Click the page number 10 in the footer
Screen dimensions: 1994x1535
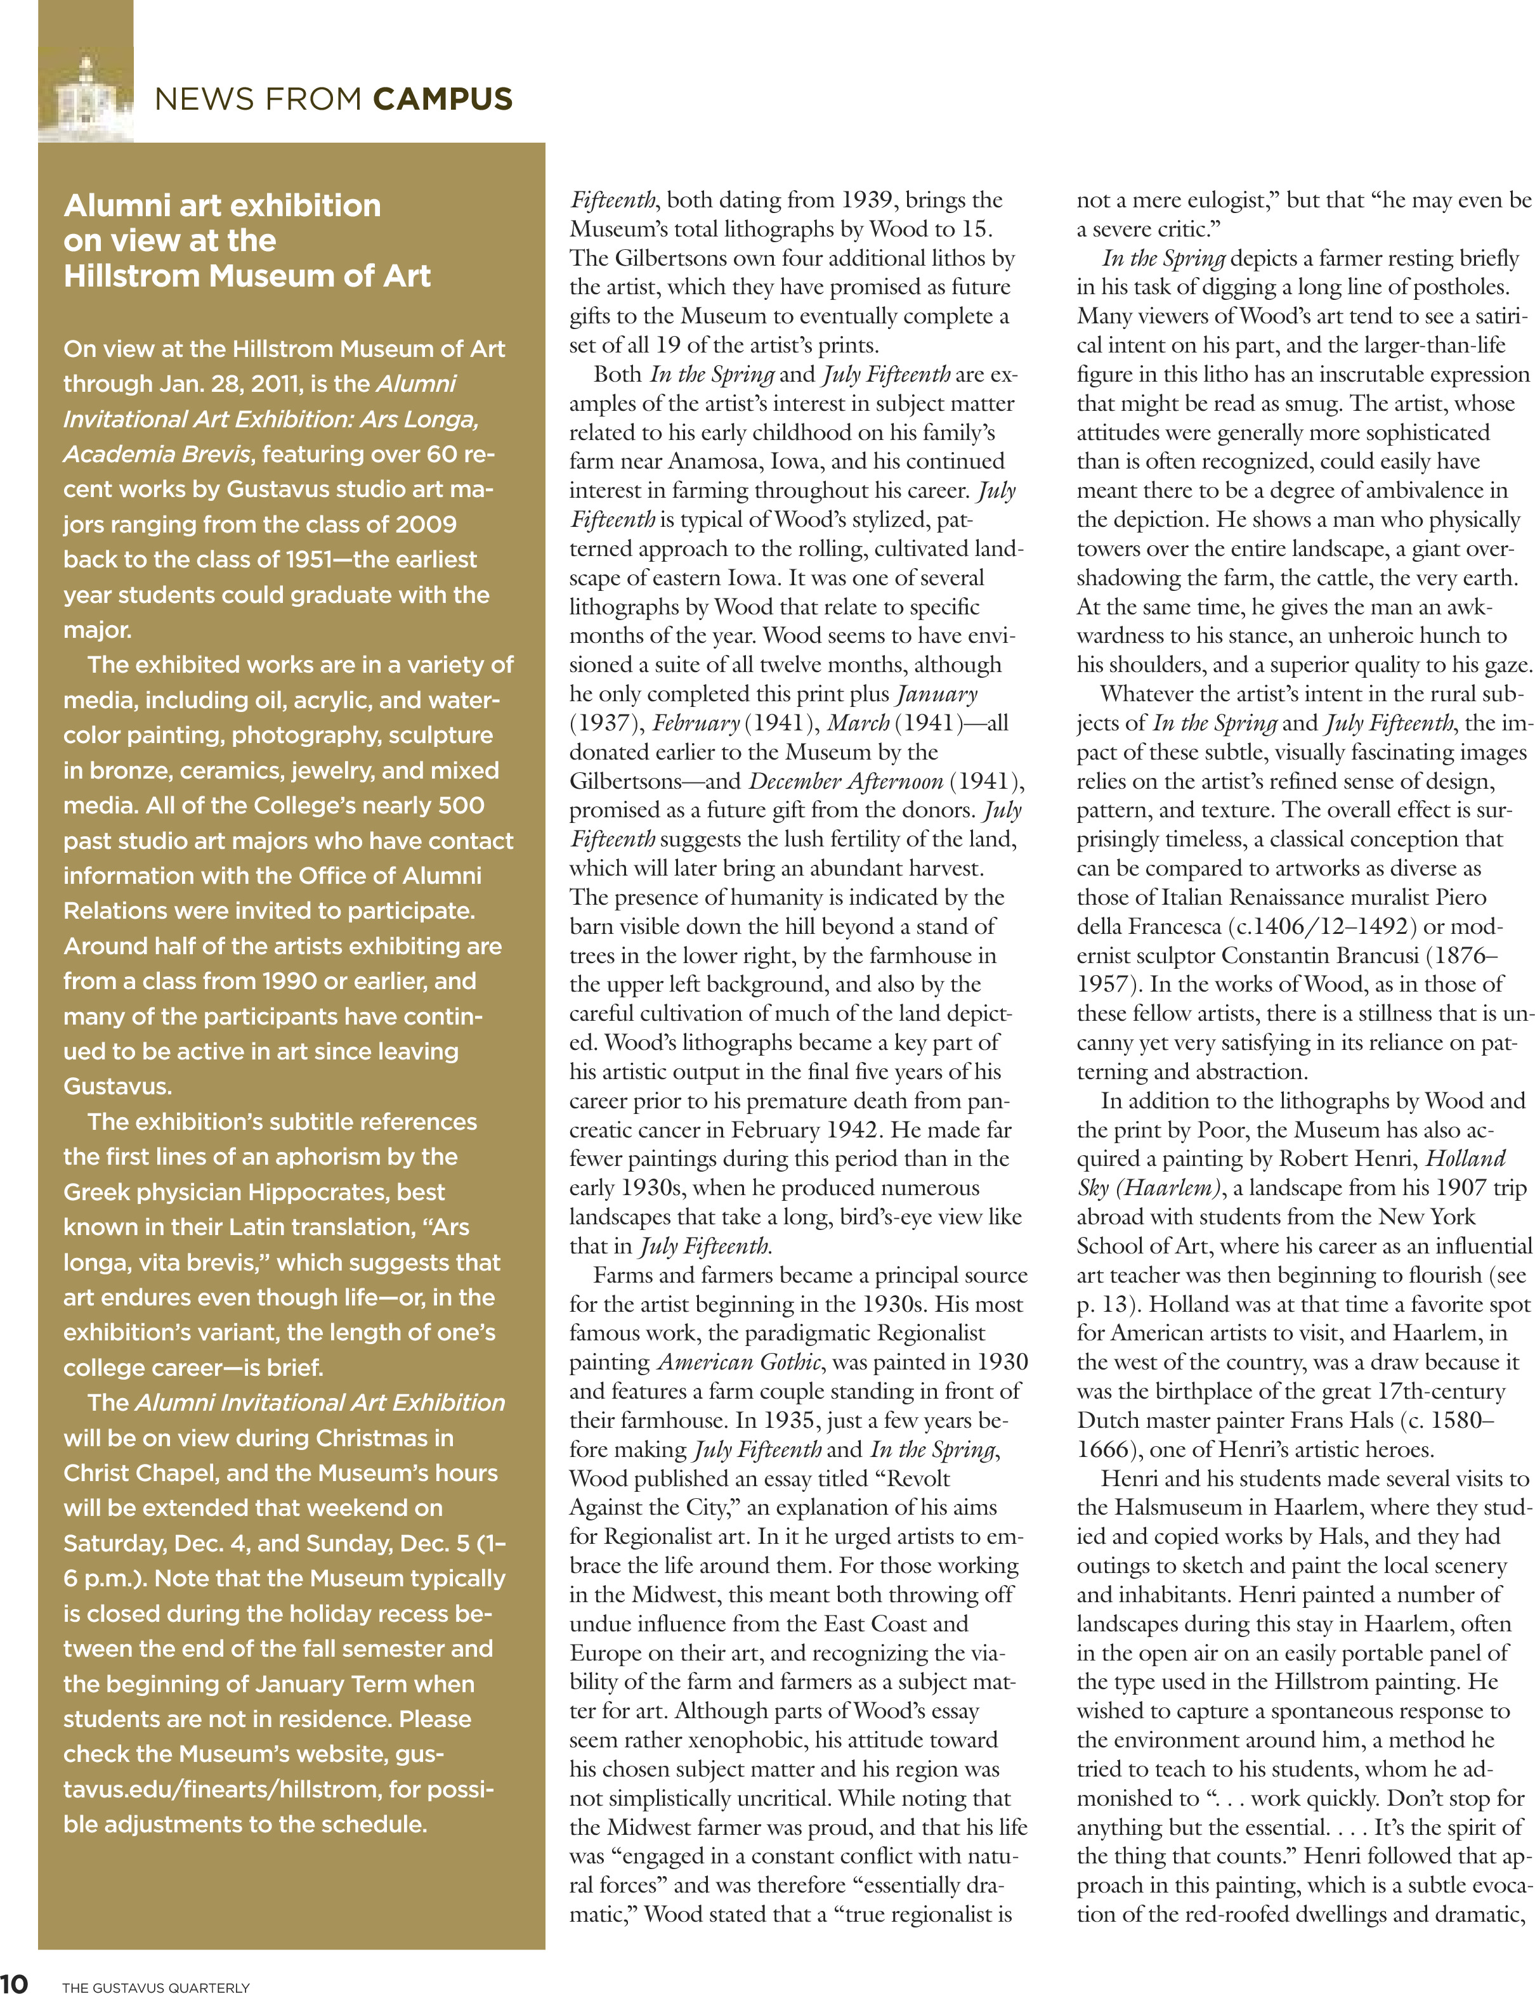click(x=15, y=1982)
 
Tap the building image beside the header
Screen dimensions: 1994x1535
click(x=85, y=95)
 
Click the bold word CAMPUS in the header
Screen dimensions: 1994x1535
click(x=442, y=99)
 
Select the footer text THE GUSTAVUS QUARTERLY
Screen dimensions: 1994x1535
click(x=155, y=1986)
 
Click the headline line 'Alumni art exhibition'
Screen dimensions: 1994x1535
click(x=222, y=205)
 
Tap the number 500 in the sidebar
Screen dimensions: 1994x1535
click(x=461, y=805)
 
